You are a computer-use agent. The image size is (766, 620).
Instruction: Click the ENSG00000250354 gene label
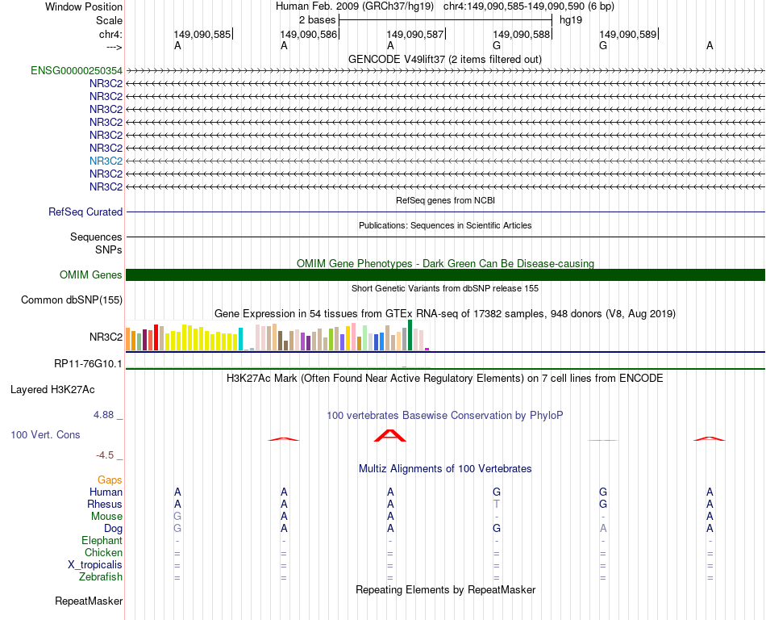77,71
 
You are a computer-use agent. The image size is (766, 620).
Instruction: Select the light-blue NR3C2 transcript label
106,161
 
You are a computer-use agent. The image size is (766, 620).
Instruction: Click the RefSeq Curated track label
85,212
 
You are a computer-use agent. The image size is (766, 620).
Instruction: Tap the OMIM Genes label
91,275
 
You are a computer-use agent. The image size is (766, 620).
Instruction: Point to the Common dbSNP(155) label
72,300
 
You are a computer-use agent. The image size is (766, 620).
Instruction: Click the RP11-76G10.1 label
89,364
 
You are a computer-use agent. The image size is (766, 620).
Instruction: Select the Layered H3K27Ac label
52,390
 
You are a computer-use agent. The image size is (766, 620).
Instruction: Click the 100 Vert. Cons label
45,435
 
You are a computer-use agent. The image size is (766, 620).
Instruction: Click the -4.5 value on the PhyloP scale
106,455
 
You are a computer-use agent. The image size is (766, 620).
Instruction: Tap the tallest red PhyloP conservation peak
390,436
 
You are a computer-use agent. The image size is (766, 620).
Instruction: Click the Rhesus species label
105,505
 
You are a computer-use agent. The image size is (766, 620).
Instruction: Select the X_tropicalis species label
95,565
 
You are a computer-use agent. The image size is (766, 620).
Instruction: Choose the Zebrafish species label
101,577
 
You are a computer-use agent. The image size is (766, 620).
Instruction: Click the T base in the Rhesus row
497,505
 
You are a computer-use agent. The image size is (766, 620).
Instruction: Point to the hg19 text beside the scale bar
571,20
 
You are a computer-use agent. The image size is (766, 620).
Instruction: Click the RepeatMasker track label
89,601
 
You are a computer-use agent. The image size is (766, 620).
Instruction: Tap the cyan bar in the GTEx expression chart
241,339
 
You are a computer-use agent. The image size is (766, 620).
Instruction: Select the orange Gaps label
110,480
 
